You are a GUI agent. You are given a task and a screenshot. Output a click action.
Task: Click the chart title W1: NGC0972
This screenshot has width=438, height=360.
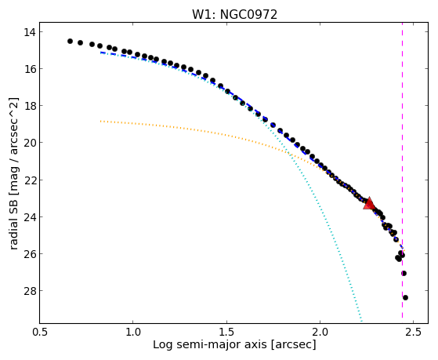pyautogui.click(x=234, y=14)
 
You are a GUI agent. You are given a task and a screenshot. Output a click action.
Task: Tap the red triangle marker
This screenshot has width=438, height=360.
pyautogui.click(x=369, y=204)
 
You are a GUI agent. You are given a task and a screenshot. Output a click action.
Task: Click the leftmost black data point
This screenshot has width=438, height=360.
pyautogui.click(x=70, y=41)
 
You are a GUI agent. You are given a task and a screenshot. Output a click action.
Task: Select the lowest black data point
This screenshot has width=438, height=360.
pyautogui.click(x=405, y=297)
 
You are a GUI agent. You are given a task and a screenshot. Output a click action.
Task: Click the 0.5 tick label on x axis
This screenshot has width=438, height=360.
pyautogui.click(x=40, y=332)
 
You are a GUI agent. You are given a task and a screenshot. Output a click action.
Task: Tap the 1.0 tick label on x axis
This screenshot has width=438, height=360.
pyautogui.click(x=133, y=332)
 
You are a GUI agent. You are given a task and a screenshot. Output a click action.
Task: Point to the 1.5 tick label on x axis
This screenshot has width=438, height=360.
pyautogui.click(x=226, y=332)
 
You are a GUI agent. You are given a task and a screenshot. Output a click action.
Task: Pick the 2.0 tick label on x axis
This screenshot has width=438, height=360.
pyautogui.click(x=320, y=332)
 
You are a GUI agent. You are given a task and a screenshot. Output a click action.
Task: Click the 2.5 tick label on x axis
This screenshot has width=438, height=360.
pyautogui.click(x=414, y=332)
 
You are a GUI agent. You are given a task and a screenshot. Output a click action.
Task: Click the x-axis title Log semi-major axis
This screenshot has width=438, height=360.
pyautogui.click(x=210, y=344)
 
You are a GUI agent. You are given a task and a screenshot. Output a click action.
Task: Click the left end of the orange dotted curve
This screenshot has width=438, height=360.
pyautogui.click(x=100, y=121)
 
